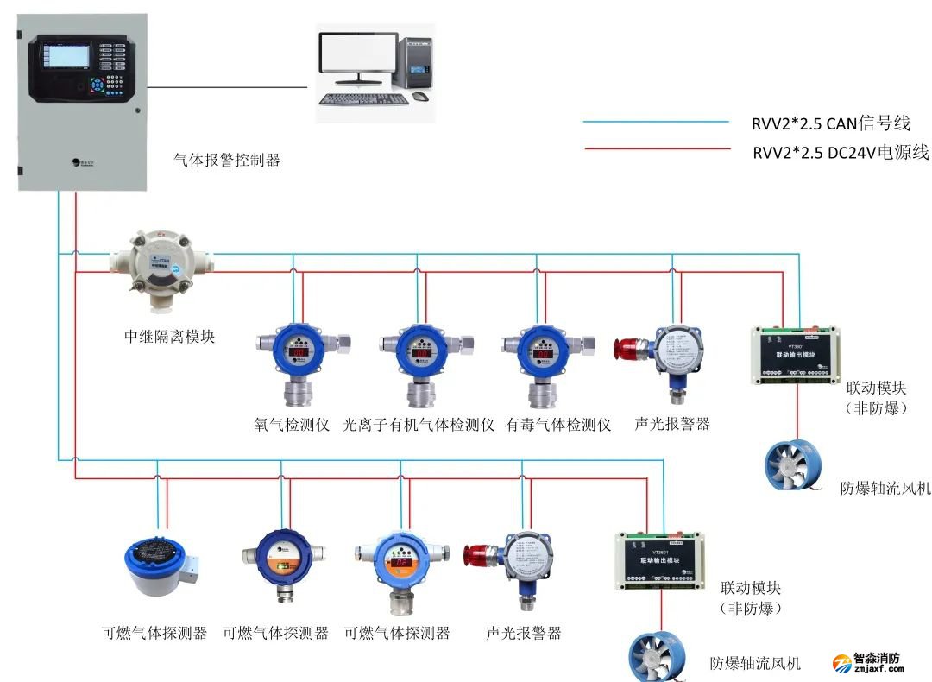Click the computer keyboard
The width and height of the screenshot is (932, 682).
pyautogui.click(x=363, y=98)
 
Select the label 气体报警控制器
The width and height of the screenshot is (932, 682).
pyautogui.click(x=227, y=160)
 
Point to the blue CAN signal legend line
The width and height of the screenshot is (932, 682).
pyautogui.click(x=656, y=123)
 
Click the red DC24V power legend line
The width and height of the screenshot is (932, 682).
pyautogui.click(x=656, y=150)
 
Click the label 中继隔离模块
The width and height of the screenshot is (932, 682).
pyautogui.click(x=170, y=337)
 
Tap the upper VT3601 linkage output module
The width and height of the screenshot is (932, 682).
pyautogui.click(x=796, y=355)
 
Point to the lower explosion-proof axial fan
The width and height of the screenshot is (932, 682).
pyautogui.click(x=656, y=658)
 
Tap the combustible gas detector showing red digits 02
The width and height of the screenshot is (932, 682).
pyautogui.click(x=401, y=562)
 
